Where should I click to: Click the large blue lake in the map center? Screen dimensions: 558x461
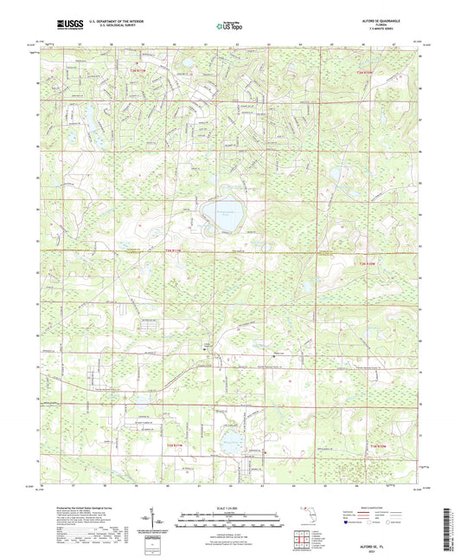(219, 213)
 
